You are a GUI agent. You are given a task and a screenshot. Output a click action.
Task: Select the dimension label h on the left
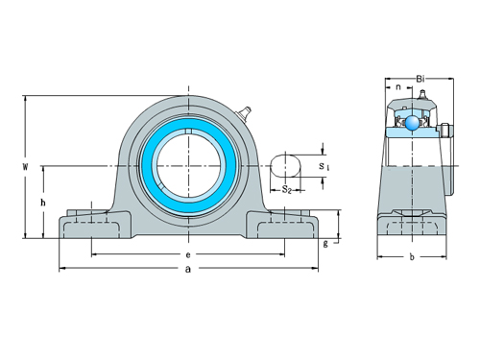(42, 203)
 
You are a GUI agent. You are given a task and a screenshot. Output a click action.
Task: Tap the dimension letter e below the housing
(188, 254)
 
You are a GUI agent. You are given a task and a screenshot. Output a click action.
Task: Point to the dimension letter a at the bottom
(188, 271)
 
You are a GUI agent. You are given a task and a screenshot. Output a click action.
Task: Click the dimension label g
(326, 243)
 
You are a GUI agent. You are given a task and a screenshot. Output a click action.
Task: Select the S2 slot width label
(287, 189)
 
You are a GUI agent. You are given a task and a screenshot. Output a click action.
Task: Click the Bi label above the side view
(420, 78)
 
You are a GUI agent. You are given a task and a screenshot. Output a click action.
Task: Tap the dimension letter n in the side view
(397, 88)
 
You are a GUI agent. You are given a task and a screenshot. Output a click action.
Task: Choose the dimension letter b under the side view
(411, 256)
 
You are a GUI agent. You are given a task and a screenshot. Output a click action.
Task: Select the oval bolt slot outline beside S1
(287, 166)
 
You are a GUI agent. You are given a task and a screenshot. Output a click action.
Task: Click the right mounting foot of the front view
(285, 227)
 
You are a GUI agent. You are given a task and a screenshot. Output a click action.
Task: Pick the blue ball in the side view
(411, 122)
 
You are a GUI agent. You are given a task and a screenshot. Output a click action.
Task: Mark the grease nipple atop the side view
(421, 96)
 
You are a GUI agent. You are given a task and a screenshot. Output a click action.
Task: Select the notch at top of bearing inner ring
(188, 132)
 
